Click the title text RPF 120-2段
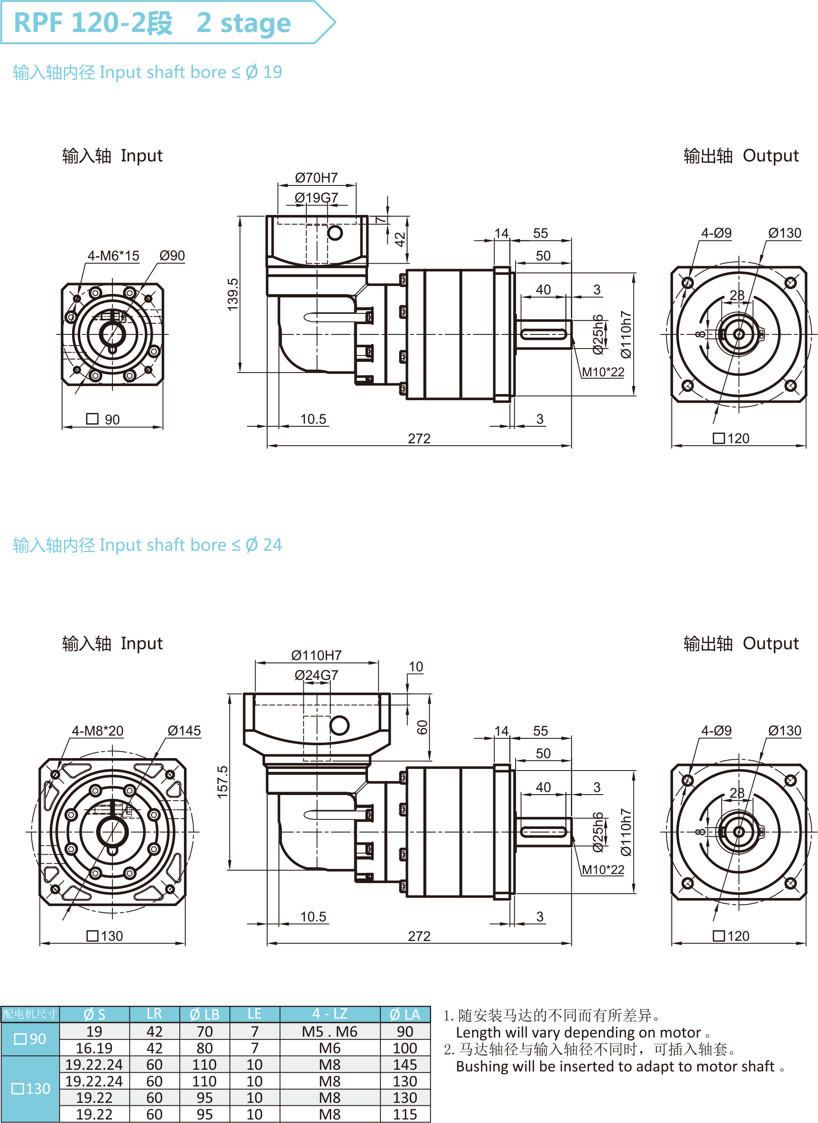click(93, 22)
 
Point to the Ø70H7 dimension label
click(317, 177)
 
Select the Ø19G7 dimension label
click(317, 198)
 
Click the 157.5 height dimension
click(223, 782)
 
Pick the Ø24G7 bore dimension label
click(317, 675)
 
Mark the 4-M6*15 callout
click(113, 256)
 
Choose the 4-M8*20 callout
click(97, 731)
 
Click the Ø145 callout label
click(184, 731)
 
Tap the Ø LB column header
click(205, 1014)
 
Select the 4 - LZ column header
click(330, 1014)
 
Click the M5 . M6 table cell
click(330, 1031)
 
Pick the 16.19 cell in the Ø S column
click(94, 1048)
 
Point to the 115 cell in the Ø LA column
click(404, 1114)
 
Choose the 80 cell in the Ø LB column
click(205, 1048)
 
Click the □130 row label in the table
click(31, 1089)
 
